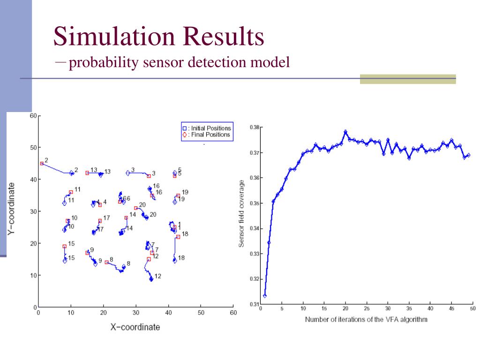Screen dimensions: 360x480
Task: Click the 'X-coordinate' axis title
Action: [x=135, y=327]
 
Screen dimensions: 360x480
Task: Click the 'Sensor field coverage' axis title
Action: [x=242, y=213]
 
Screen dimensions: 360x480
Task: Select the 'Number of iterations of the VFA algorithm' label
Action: [x=366, y=320]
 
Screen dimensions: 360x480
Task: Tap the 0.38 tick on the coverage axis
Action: [x=254, y=127]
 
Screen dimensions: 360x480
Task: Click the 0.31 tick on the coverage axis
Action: [x=254, y=304]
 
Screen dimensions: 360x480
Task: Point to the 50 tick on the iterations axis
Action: [x=472, y=309]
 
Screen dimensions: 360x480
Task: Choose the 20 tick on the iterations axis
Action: [x=345, y=309]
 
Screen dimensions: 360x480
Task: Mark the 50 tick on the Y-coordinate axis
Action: [x=33, y=148]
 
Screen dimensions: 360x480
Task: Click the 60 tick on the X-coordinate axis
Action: [x=233, y=313]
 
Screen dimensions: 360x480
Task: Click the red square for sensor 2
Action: [x=42, y=164]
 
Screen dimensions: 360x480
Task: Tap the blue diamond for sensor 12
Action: [x=151, y=279]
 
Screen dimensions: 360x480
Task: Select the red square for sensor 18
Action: [x=178, y=237]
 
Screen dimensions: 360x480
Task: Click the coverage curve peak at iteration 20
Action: [x=345, y=132]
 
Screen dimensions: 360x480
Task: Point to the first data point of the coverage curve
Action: [x=265, y=296]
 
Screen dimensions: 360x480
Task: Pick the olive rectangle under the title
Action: [x=408, y=79]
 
